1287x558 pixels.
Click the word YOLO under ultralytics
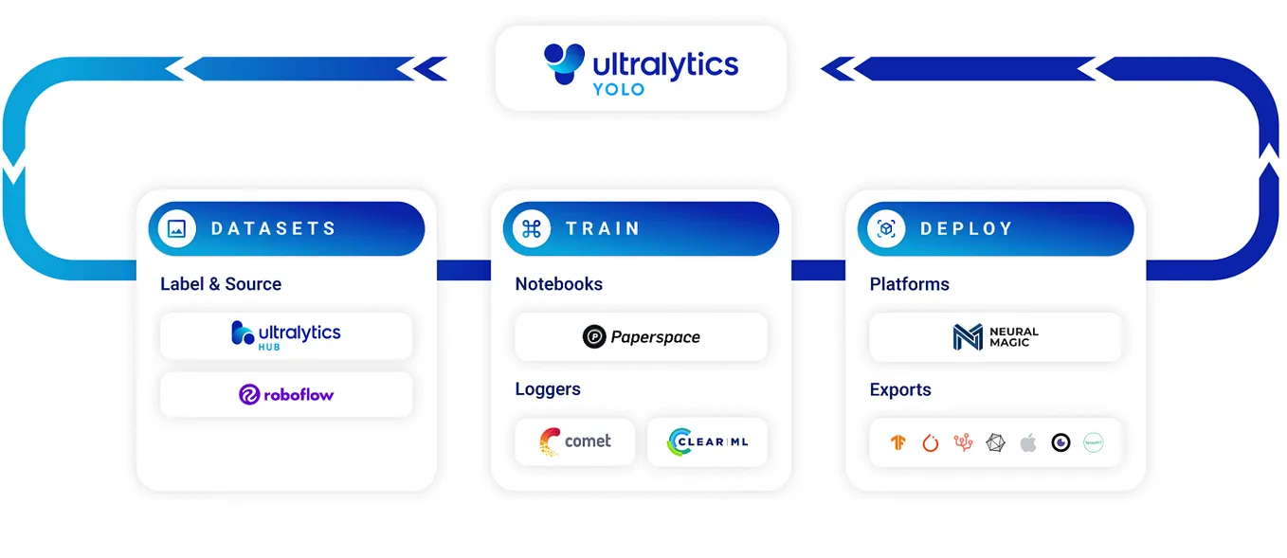click(x=618, y=90)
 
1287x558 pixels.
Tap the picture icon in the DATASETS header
click(x=176, y=228)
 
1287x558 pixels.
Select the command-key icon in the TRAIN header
click(x=532, y=228)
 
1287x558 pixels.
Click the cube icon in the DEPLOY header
click(x=886, y=229)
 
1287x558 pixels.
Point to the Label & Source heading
click(x=221, y=283)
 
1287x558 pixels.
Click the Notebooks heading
click(x=558, y=283)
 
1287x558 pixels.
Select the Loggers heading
click(x=548, y=388)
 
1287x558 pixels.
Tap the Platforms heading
click(x=909, y=283)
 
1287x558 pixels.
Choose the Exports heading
click(x=899, y=389)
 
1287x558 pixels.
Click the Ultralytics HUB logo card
click(x=286, y=335)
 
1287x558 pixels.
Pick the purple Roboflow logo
click(x=286, y=394)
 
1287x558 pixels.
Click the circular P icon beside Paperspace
click(x=594, y=336)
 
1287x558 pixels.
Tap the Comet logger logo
click(x=574, y=441)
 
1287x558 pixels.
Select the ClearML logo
click(x=707, y=441)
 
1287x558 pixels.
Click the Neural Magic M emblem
click(x=968, y=337)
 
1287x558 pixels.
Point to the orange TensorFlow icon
click(x=898, y=442)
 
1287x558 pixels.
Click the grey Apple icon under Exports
click(x=1028, y=442)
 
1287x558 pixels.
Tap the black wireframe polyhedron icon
click(x=996, y=442)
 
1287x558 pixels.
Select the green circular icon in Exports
click(x=1094, y=442)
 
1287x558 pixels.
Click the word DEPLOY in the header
click(x=967, y=229)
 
